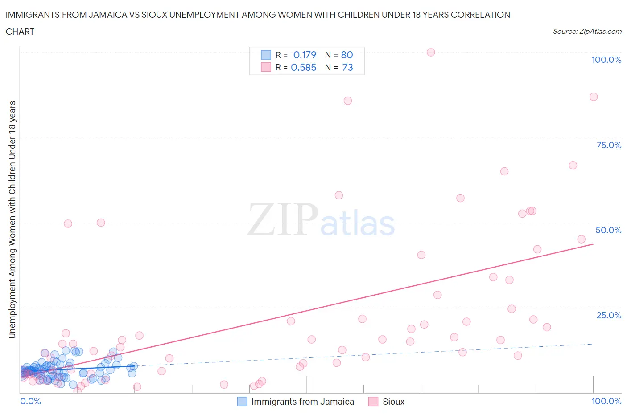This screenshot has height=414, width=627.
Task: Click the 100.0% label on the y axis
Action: click(606, 60)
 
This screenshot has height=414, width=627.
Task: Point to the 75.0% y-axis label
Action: click(609, 145)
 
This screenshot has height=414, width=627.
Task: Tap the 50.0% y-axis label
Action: click(608, 230)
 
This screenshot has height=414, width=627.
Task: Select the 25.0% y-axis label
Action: click(609, 315)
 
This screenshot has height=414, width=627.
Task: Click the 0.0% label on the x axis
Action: click(30, 401)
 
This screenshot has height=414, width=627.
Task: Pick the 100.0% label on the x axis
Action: click(606, 401)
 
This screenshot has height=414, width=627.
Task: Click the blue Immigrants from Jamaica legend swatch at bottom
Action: click(242, 402)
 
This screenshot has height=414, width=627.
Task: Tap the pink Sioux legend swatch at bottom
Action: click(373, 402)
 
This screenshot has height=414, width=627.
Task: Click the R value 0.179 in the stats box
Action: click(305, 55)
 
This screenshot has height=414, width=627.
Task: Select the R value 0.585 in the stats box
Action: click(303, 67)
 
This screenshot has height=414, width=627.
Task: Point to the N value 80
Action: click(347, 55)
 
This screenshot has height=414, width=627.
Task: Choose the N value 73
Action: click(347, 67)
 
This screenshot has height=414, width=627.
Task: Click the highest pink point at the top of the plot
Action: click(431, 52)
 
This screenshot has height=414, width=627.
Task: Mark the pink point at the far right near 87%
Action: click(594, 97)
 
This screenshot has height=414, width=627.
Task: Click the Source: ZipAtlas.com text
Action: click(587, 32)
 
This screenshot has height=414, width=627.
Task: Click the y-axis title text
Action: click(12, 219)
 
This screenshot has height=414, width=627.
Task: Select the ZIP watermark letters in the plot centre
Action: click(283, 219)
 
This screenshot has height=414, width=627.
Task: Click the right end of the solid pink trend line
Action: click(593, 244)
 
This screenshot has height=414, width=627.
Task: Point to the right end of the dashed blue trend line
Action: click(592, 344)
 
